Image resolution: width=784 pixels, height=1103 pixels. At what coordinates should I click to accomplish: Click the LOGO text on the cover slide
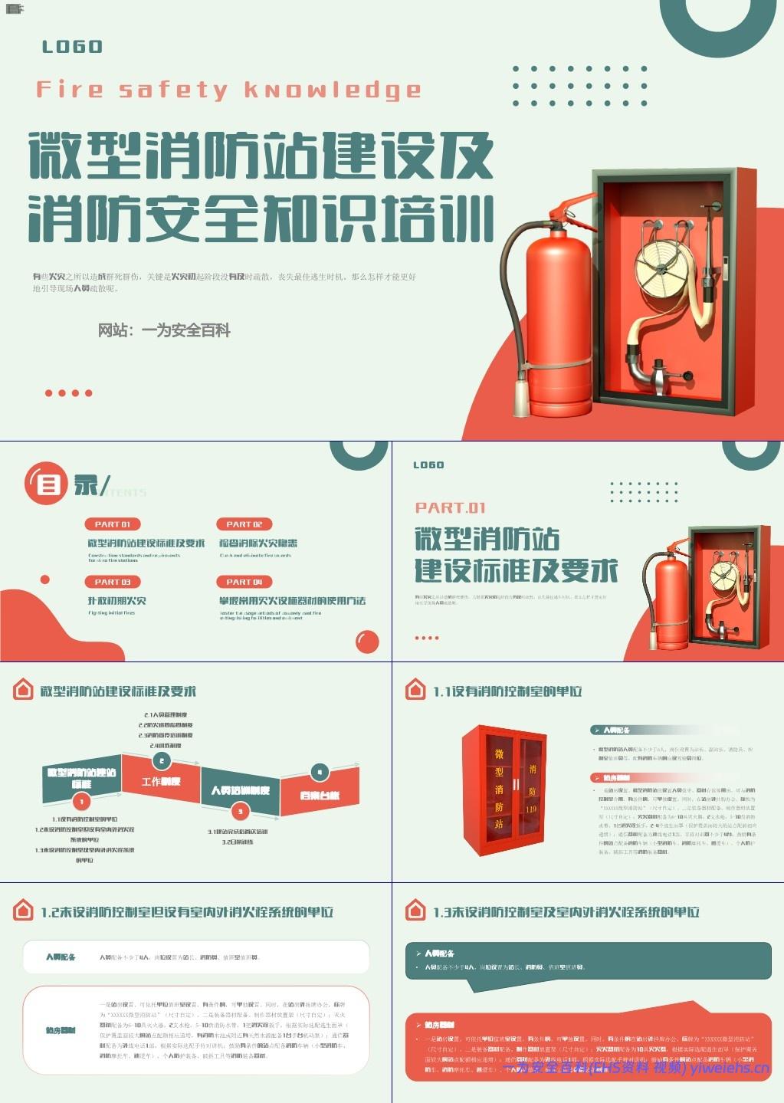tap(72, 47)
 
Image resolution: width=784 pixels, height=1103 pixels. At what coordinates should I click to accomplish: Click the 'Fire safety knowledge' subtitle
tap(228, 90)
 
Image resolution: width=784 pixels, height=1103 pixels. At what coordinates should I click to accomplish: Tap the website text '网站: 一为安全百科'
tap(164, 330)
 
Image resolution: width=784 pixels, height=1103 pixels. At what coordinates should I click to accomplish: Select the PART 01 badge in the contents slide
tap(113, 524)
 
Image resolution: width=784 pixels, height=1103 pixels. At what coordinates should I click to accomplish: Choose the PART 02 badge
tap(244, 524)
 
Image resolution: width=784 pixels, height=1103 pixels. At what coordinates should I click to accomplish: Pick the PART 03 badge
tap(113, 582)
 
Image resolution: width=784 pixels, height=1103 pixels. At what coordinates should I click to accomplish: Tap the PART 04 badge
tap(244, 582)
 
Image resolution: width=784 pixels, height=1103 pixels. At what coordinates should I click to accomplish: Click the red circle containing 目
tap(48, 484)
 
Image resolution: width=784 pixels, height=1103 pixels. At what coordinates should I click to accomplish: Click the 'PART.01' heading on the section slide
tap(450, 507)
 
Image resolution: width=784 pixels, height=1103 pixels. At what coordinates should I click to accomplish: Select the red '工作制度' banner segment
tap(161, 781)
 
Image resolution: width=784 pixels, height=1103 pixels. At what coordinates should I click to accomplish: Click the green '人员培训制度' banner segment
tap(240, 790)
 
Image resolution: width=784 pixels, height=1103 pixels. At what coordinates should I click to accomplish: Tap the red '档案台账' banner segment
tap(320, 796)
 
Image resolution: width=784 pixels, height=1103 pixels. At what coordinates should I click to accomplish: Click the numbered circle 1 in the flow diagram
tap(81, 802)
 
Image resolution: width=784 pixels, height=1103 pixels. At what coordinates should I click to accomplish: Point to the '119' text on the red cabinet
tap(531, 809)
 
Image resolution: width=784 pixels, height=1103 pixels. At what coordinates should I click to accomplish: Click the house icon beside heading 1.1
tap(415, 690)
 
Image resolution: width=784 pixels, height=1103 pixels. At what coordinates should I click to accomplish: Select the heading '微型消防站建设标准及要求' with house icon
tap(118, 691)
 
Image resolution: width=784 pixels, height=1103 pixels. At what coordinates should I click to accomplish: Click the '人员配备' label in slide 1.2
tap(61, 957)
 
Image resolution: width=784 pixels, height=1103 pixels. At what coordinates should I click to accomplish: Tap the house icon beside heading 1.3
tap(415, 911)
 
